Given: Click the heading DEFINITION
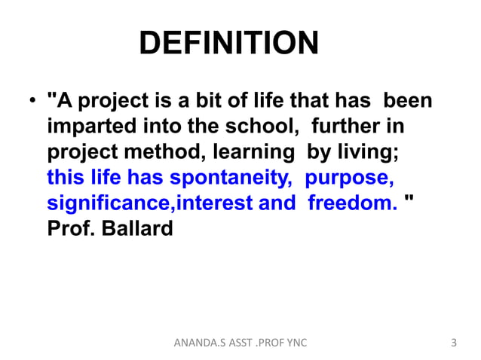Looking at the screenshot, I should point(229,44).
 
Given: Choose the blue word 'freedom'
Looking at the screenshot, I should point(352,203).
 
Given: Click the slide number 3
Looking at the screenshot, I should point(453,343).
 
